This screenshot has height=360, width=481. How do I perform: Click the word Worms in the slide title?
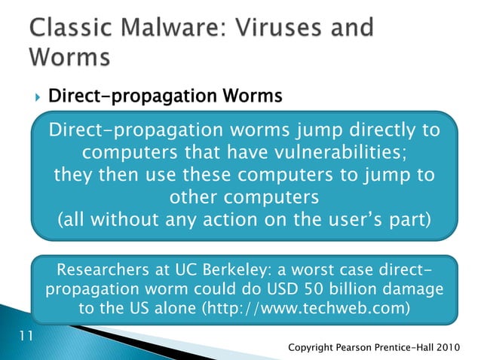click(x=70, y=58)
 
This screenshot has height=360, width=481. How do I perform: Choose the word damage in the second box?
click(x=410, y=290)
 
